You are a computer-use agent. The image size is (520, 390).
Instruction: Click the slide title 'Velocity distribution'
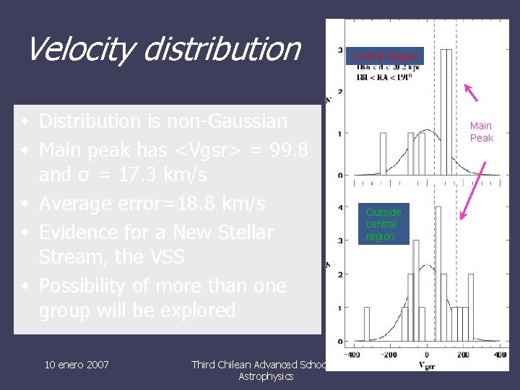[x=163, y=49]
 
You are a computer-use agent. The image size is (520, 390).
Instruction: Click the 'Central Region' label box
[x=384, y=56]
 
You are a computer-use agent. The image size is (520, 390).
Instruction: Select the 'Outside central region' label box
[x=383, y=225]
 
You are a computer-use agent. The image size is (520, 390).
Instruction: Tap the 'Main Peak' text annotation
[x=481, y=132]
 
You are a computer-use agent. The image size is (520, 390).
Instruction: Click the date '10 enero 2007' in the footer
[x=76, y=365]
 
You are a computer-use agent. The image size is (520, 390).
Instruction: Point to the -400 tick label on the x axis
[x=352, y=355]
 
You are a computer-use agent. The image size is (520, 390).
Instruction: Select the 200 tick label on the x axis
[x=462, y=355]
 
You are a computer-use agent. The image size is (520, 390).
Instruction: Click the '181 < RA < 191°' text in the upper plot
[x=383, y=77]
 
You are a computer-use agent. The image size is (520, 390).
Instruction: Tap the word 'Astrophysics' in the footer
[x=266, y=376]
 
